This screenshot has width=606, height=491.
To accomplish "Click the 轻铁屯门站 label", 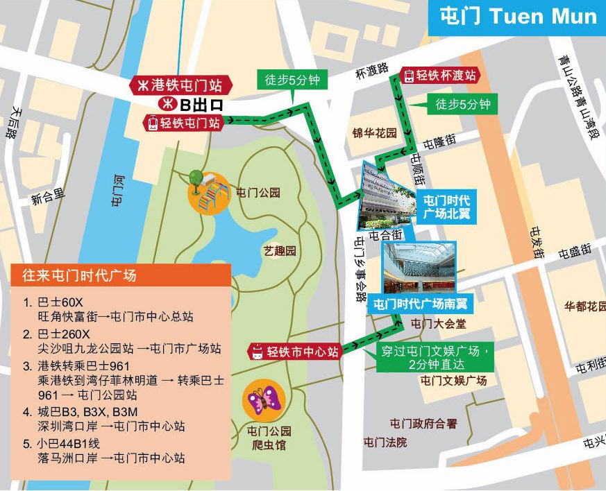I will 183,123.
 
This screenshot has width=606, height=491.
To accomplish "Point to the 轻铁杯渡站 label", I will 441,76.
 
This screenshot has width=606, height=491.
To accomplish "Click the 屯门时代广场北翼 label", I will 446,207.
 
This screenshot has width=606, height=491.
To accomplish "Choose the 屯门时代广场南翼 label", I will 419,304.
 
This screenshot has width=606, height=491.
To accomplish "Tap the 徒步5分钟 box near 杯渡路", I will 292,80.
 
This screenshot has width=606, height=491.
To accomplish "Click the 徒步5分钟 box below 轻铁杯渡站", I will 462,105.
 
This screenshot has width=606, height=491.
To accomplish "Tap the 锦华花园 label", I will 374,132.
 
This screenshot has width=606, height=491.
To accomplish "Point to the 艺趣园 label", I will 280,250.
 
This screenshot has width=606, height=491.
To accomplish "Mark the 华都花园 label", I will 584,305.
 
